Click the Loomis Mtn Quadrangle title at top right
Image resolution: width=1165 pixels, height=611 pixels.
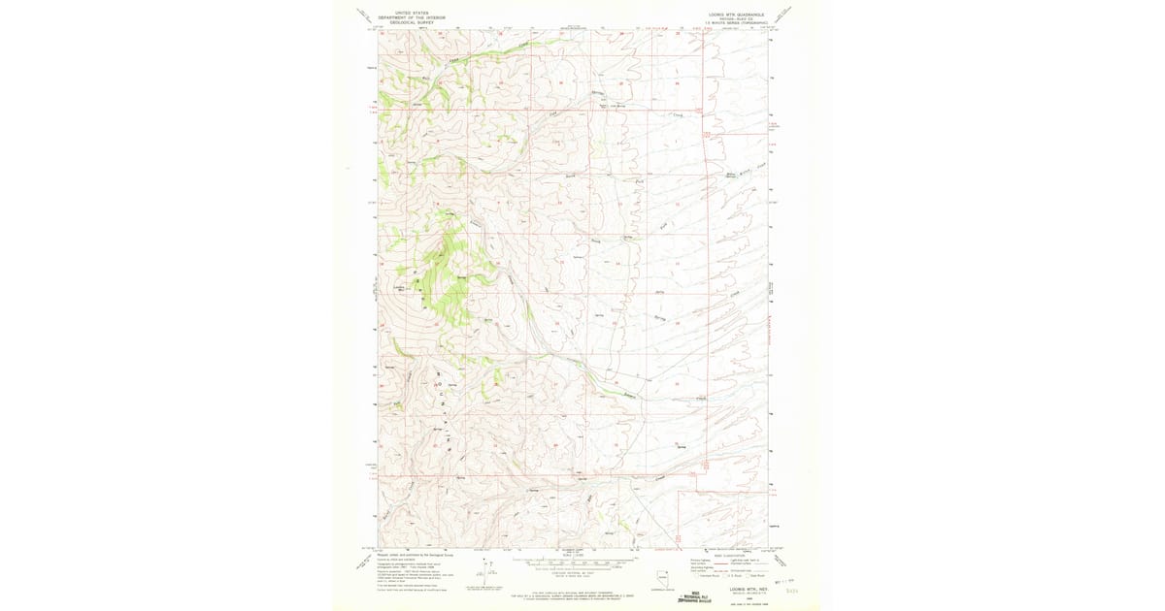[x=737, y=15]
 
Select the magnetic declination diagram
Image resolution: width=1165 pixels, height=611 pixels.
[x=483, y=572]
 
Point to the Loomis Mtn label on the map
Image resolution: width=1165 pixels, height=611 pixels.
[x=398, y=289]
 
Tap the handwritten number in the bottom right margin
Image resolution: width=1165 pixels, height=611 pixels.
[x=792, y=589]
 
